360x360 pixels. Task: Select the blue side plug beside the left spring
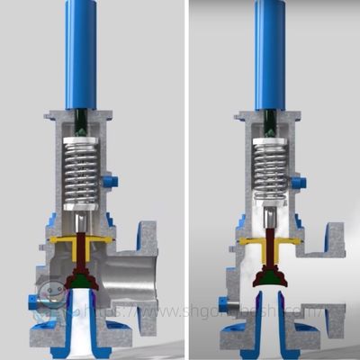pos(111,183)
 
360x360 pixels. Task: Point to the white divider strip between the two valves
pos(185,180)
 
